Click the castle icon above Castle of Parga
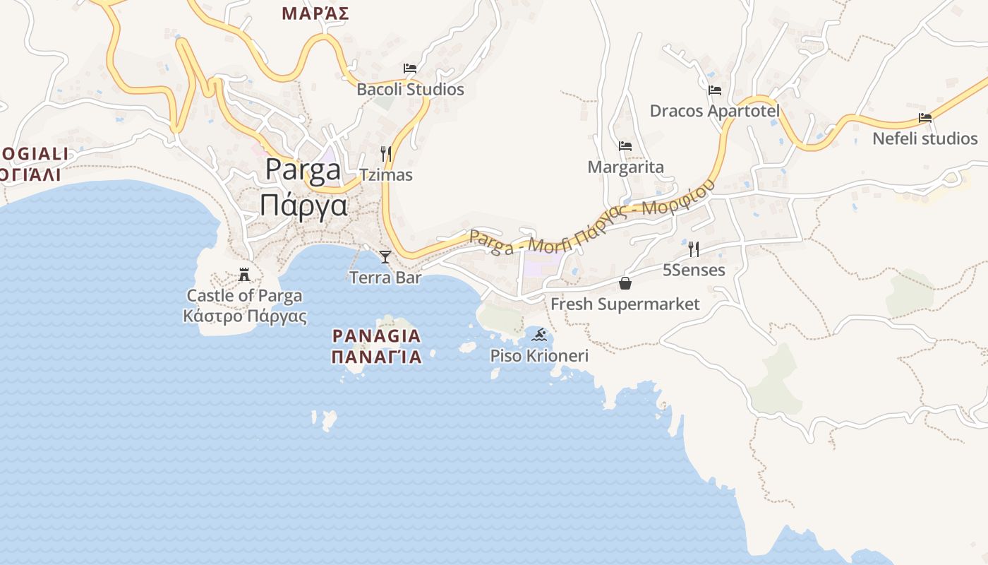pos(245,274)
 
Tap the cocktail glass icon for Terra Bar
pos(385,256)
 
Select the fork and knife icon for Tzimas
pos(385,153)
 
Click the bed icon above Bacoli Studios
pos(410,69)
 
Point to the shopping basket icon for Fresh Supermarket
pos(625,283)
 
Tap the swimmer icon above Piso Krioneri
pos(540,334)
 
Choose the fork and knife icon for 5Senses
pos(694,249)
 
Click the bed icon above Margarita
pos(625,146)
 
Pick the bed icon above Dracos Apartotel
pos(715,90)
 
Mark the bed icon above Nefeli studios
pos(925,117)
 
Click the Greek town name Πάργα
pos(303,206)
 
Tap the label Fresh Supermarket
pos(625,304)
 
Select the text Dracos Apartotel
pos(715,112)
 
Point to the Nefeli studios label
pos(925,138)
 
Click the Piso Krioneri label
pos(540,356)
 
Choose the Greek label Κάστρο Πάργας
pos(245,316)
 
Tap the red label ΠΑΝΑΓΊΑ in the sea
pos(377,357)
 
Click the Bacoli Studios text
pos(410,90)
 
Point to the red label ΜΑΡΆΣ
pos(315,13)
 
